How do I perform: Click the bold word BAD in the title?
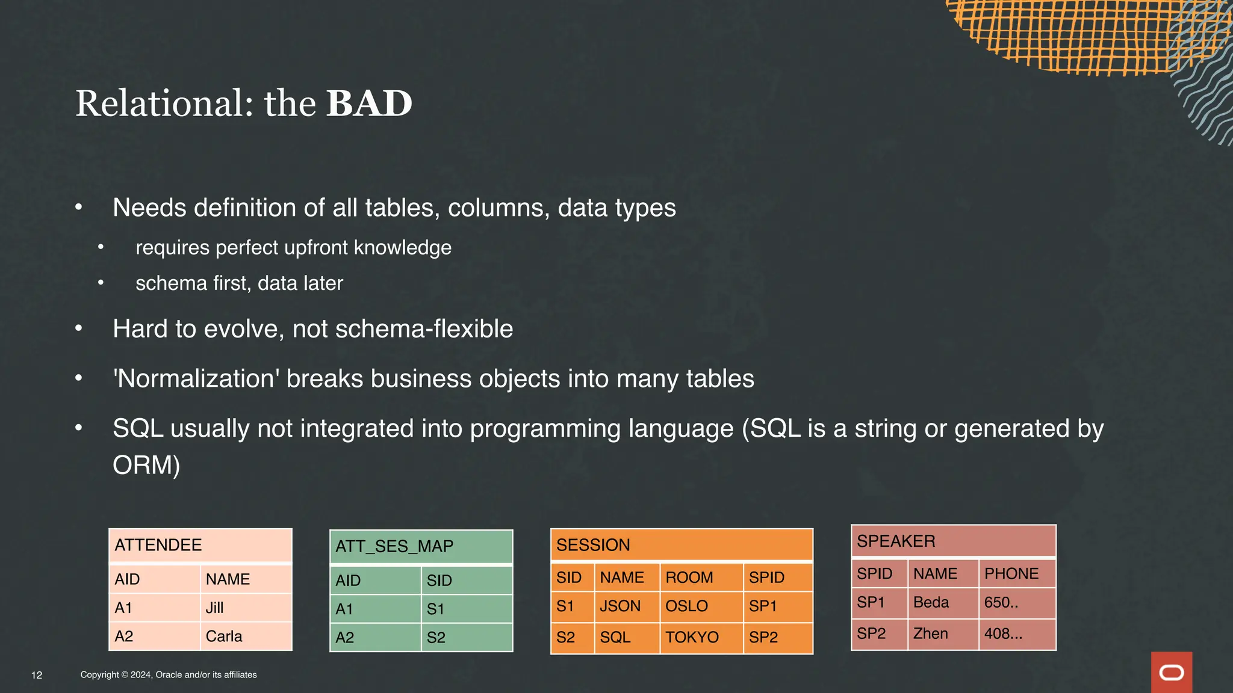(368, 103)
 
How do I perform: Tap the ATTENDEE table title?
(158, 545)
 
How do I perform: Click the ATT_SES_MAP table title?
(394, 546)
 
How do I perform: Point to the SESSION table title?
(593, 545)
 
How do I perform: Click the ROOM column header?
(689, 577)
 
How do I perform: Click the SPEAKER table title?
(896, 541)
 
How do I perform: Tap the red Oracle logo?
(1171, 673)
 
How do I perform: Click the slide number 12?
(37, 675)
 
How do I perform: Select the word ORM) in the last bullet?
(146, 465)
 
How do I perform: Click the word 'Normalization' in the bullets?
(196, 379)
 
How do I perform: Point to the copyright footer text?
(169, 675)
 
